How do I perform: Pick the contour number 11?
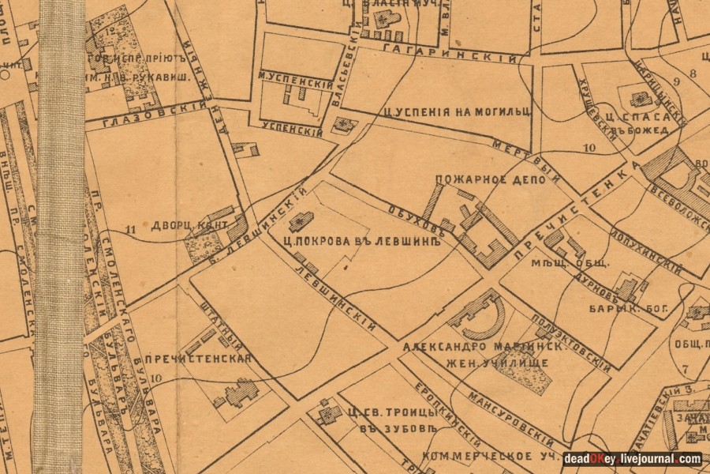coord(130,230)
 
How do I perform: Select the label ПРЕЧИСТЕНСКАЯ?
coord(209,359)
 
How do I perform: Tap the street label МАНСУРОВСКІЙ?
coord(510,417)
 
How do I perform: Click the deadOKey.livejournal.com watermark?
coord(632,459)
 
